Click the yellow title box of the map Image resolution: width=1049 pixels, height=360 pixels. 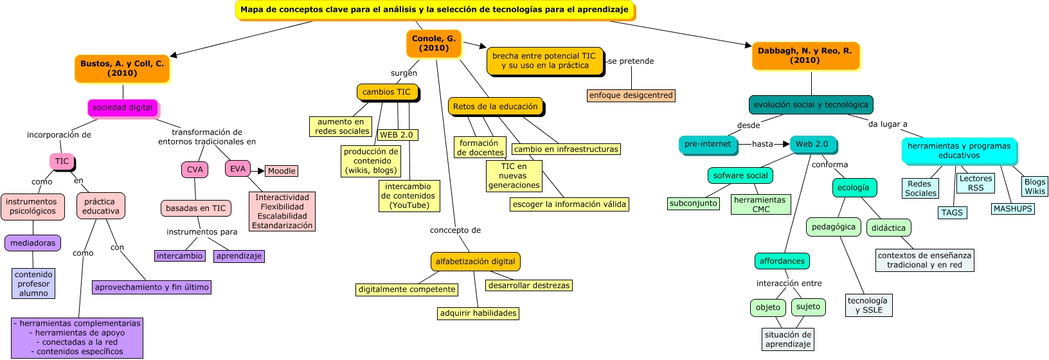pyautogui.click(x=435, y=10)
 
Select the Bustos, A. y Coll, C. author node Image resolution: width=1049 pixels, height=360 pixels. pyautogui.click(x=122, y=68)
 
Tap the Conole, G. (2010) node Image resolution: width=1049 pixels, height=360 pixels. pyautogui.click(x=434, y=43)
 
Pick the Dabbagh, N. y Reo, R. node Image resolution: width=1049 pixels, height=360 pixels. pyautogui.click(x=805, y=55)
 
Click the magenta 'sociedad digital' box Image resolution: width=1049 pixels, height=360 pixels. pyautogui.click(x=122, y=107)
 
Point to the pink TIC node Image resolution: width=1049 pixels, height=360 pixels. pyautogui.click(x=62, y=161)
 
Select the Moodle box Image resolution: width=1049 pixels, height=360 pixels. pyautogui.click(x=282, y=171)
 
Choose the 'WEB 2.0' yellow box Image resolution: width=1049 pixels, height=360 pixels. pyautogui.click(x=397, y=135)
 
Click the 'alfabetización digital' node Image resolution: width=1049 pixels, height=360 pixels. pyautogui.click(x=475, y=262)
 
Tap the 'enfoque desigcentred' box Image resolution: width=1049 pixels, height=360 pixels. pyautogui.click(x=631, y=95)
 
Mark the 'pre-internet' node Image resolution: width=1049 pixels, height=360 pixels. pyautogui.click(x=707, y=144)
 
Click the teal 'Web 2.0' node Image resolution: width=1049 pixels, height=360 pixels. pyautogui.click(x=812, y=144)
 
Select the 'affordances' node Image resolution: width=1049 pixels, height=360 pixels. pyautogui.click(x=782, y=261)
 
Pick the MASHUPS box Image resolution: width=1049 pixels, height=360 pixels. pyautogui.click(x=1012, y=209)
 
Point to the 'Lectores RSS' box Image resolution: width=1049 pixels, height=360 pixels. pyautogui.click(x=975, y=183)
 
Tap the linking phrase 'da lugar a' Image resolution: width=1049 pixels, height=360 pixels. pyautogui.click(x=888, y=124)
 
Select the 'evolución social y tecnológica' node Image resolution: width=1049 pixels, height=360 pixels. pyautogui.click(x=811, y=104)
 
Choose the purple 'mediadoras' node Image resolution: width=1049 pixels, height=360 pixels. pyautogui.click(x=33, y=243)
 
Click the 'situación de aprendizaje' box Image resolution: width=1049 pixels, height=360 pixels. pyautogui.click(x=787, y=339)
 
